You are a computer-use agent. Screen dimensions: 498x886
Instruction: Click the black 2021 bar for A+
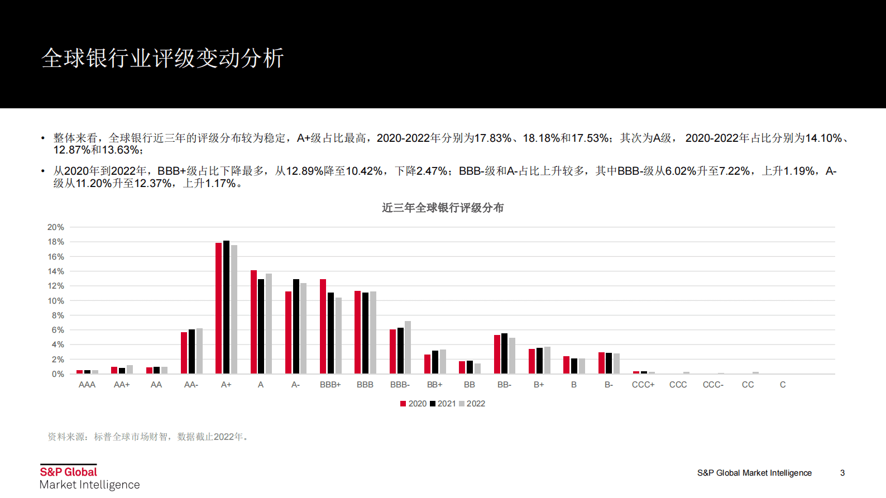click(x=226, y=307)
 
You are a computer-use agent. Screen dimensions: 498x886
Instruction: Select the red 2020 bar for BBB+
click(x=323, y=327)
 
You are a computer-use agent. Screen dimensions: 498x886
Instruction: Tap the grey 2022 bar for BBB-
click(x=408, y=347)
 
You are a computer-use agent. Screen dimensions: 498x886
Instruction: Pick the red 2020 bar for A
click(x=253, y=322)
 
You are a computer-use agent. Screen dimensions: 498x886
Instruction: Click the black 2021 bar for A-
click(x=296, y=327)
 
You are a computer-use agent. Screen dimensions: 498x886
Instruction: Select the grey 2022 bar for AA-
click(x=199, y=351)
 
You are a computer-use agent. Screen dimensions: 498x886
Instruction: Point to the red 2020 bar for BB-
click(x=497, y=355)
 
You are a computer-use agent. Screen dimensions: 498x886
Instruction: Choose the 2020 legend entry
click(x=413, y=404)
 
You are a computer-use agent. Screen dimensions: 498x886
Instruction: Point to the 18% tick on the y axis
click(x=56, y=242)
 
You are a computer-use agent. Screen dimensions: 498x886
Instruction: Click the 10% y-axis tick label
click(x=56, y=301)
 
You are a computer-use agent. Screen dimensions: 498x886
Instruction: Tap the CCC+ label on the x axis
click(x=643, y=385)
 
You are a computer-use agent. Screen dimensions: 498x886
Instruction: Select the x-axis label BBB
click(x=365, y=385)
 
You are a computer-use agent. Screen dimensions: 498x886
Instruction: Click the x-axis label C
click(x=783, y=385)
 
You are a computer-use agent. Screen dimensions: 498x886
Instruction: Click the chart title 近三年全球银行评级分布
click(x=443, y=208)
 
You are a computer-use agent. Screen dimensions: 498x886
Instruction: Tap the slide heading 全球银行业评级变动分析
click(x=162, y=58)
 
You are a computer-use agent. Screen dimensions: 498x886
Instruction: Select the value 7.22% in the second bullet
click(x=734, y=171)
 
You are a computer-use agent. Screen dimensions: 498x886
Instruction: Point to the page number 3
click(x=842, y=473)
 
